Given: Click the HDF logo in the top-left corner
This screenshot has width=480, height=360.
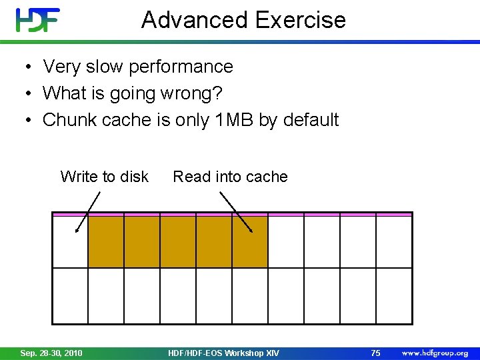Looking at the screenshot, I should coord(38,20).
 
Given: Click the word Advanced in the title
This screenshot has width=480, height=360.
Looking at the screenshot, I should coord(195,20).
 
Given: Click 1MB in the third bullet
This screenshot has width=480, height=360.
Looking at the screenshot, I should coord(237,120).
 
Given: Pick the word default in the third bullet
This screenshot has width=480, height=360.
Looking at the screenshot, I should coord(311,120).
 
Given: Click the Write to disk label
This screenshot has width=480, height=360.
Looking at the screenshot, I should coord(104,177).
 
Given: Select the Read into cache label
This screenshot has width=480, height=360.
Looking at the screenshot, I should coord(230,177).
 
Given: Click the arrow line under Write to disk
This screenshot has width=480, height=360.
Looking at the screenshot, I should coord(88,211).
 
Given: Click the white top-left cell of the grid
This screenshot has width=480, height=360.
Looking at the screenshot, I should coord(70,242).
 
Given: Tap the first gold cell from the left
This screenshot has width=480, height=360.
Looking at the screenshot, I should coord(106,242).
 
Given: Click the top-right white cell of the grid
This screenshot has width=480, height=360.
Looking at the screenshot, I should coord(394,242).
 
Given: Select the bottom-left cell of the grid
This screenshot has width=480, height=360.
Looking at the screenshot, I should coord(70,295).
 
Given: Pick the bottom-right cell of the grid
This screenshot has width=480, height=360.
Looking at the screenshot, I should coord(394,295).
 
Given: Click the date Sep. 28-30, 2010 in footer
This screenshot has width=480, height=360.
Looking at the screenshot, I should coord(51,353).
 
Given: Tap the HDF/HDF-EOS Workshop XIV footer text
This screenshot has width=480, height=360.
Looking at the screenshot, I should coord(224,353).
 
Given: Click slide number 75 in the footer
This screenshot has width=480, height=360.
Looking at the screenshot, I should coord(375,353).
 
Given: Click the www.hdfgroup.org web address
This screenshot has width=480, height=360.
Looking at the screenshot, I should coord(434,353).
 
